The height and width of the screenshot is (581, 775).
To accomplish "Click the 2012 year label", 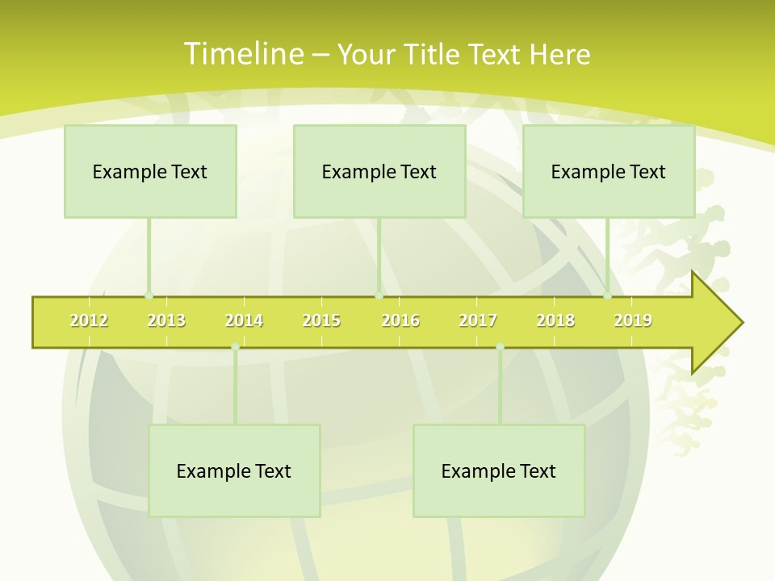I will coord(89,320).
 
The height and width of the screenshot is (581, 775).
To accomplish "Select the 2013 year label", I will coord(166,320).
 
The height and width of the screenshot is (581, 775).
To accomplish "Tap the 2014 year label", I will coord(244,320).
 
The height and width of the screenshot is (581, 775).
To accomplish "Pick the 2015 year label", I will coord(321,320).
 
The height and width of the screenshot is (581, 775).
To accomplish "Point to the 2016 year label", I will coord(400,320).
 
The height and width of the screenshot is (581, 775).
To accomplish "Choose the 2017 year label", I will coord(478,320).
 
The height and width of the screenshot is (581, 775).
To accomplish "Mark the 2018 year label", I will coord(555,320).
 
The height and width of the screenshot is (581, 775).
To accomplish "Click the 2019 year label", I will coord(633,320).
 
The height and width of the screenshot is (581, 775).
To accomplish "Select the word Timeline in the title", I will coord(243,54).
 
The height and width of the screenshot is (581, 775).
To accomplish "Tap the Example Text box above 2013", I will coord(150,171).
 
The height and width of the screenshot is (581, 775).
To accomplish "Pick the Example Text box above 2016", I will coord(379,171).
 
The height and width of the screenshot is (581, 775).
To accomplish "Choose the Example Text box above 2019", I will coord(609,171).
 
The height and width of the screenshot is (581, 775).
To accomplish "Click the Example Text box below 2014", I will coord(234,470).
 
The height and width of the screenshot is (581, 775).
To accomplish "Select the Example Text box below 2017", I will coord(499,470).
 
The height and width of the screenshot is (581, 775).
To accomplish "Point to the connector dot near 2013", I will coord(149,296).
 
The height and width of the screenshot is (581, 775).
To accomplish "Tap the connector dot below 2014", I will coord(235,347).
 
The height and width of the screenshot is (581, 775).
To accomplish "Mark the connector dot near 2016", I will coord(379,296).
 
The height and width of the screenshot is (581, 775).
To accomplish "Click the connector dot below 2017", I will coord(500,347).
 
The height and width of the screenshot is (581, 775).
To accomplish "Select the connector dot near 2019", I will coord(608,296).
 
